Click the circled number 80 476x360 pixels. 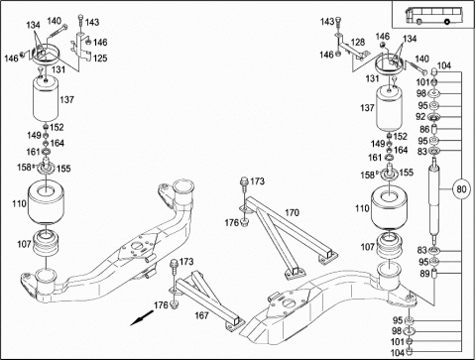pos(461,188)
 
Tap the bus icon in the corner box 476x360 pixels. pos(433,15)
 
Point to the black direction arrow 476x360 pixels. pos(142,318)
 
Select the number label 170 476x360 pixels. pos(292,212)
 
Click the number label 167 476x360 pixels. pos(201,315)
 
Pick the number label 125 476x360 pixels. pos(100,59)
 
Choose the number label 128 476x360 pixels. pos(358,42)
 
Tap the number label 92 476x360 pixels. pos(420,117)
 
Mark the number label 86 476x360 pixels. pos(424,129)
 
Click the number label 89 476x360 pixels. pos(424,274)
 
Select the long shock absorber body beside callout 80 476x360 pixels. pos(434,200)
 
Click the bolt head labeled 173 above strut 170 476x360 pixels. pos(244,180)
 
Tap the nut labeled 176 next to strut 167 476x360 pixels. pos(175,304)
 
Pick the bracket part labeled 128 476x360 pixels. pos(353,49)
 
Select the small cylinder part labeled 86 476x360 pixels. pos(434,129)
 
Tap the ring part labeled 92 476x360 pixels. pos(433,117)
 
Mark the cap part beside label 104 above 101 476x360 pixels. pos(434,71)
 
